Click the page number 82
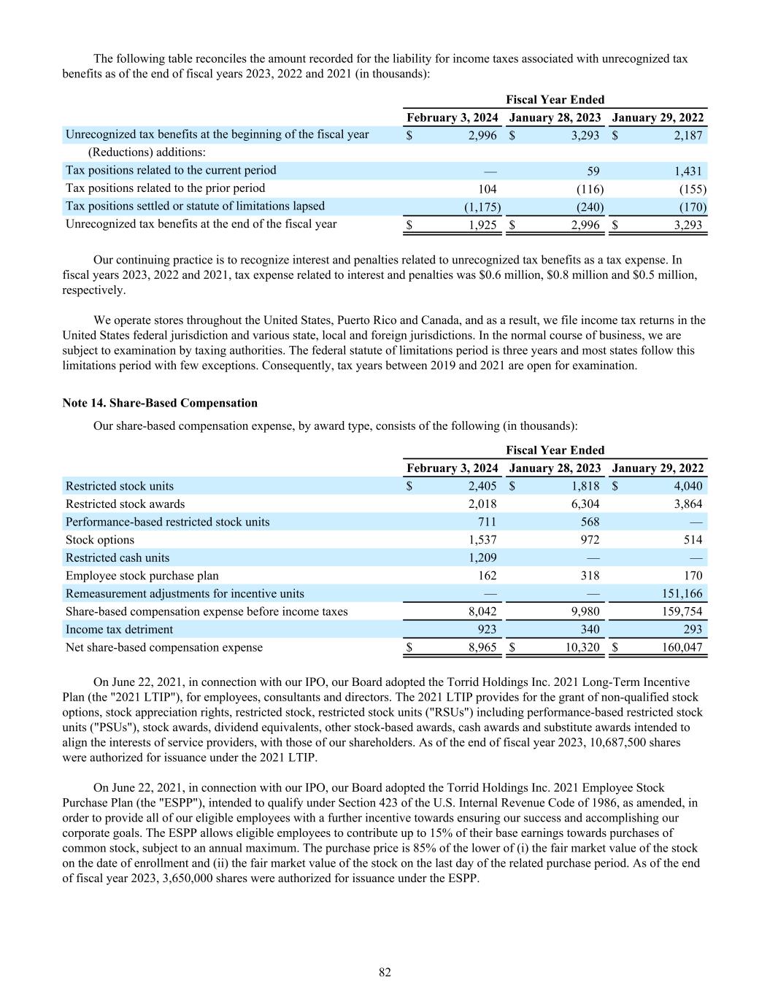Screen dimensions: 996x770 click(x=385, y=972)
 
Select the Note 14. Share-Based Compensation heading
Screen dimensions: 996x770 click(x=160, y=403)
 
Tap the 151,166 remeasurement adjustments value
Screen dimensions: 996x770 click(x=682, y=594)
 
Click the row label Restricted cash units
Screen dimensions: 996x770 click(x=118, y=558)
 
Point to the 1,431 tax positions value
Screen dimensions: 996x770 click(x=688, y=171)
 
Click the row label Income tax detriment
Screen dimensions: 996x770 click(x=119, y=630)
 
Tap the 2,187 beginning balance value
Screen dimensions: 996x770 click(x=688, y=136)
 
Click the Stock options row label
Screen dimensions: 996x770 click(x=100, y=540)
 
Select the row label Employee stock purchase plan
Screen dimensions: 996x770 click(x=142, y=576)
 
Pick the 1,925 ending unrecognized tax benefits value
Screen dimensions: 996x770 click(x=482, y=225)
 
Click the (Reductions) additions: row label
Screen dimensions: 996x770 click(x=147, y=153)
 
